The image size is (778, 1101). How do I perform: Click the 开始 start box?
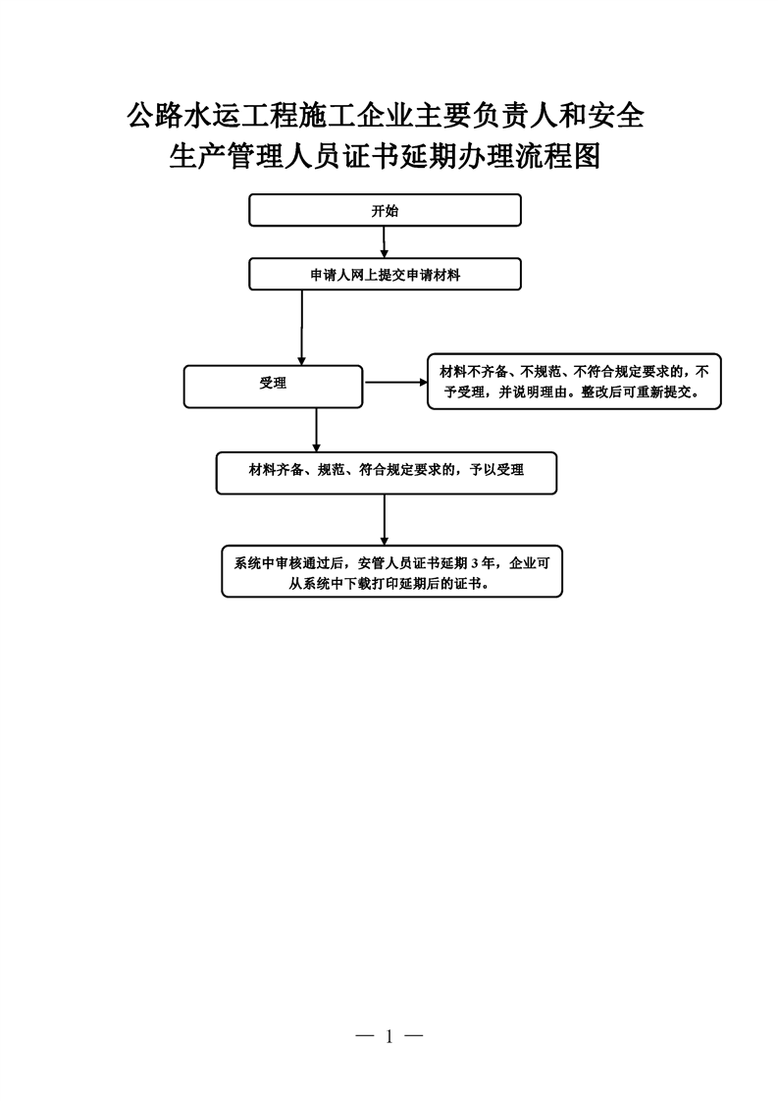385,210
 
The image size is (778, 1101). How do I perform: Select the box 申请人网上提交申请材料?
385,275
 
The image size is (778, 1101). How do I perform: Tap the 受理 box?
273,387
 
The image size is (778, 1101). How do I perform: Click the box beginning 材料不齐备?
574,382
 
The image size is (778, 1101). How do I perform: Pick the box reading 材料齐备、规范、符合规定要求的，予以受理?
387,473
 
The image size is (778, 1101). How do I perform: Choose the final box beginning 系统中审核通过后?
391,571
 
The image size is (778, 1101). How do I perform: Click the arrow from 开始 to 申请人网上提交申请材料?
384,242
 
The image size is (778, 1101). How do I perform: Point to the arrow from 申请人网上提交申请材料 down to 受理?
302,328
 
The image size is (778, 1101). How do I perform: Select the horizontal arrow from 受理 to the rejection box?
395,382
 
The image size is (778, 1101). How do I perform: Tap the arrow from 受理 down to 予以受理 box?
317,430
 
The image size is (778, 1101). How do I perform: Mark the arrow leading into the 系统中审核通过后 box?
384,520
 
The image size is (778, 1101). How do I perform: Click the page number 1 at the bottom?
389,1035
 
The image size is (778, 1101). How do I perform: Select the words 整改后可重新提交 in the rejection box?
636,393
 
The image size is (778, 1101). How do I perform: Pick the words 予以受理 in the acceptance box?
497,470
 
